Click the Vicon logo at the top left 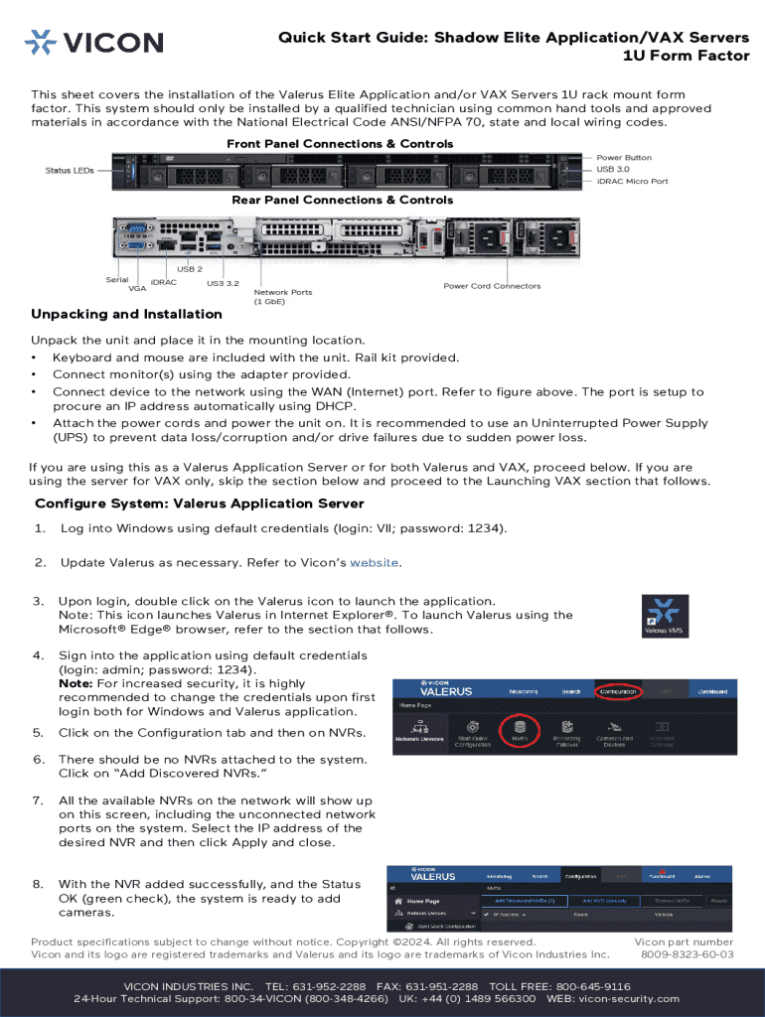coord(93,42)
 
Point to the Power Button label coord(624,158)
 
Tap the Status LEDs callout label coord(70,171)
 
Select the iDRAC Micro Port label coord(632,182)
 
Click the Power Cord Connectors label coord(492,286)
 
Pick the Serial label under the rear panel coord(117,279)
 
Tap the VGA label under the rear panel coord(137,289)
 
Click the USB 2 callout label coord(190,269)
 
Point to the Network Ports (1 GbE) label coord(283,297)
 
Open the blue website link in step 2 coord(375,563)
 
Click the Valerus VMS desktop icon coord(664,615)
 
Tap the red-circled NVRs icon coord(520,733)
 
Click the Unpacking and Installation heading coord(126,315)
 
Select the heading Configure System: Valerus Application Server coord(200,504)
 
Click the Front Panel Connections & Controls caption coord(340,144)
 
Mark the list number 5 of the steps coord(38,733)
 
